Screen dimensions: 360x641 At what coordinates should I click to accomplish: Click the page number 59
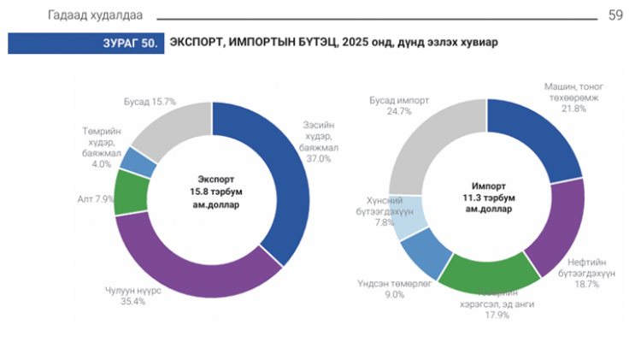point(615,15)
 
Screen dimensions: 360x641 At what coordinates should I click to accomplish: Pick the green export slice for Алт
point(129,192)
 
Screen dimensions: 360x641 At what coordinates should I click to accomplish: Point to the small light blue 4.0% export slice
point(136,161)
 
